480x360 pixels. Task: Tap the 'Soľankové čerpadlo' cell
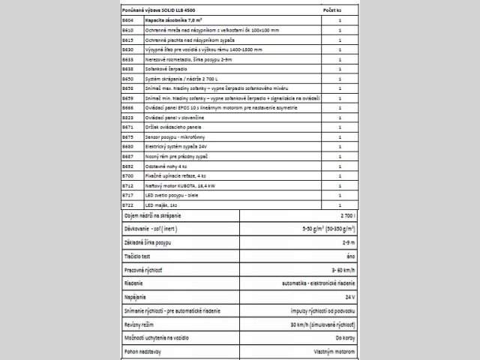coord(166,68)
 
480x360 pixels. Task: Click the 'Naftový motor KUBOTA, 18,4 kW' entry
coord(181,185)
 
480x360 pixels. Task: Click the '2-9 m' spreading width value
coord(347,242)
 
